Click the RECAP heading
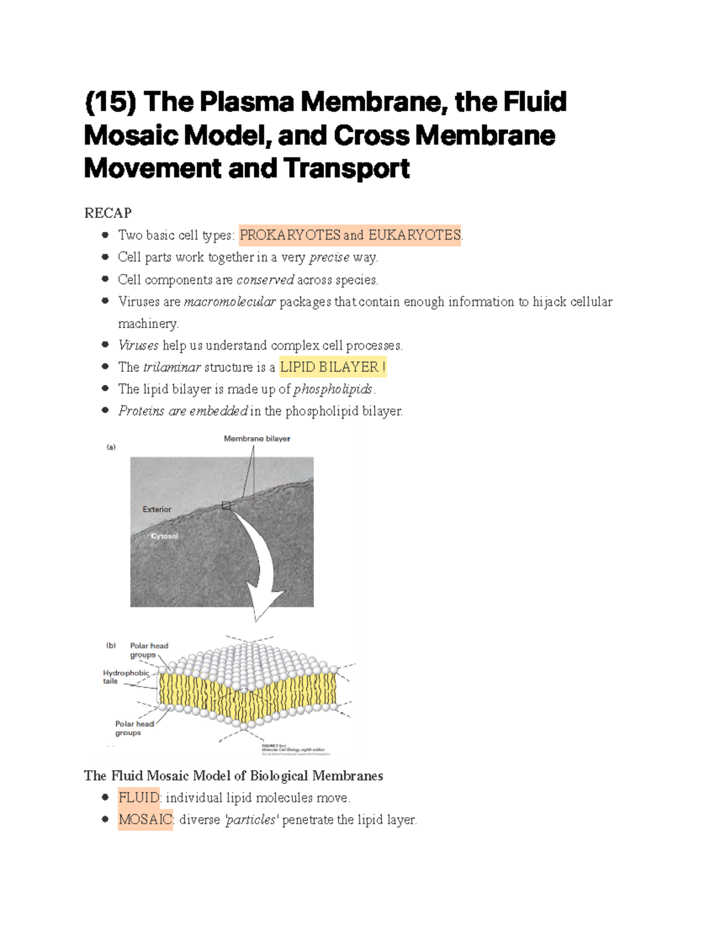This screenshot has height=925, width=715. [108, 213]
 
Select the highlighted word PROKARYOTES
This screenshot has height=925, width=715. [290, 235]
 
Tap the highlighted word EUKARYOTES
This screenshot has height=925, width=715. [414, 235]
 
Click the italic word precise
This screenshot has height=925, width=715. [329, 257]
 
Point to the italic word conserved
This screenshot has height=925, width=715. [265, 279]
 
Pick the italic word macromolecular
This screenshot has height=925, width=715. [229, 301]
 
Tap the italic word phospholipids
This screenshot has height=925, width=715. [333, 389]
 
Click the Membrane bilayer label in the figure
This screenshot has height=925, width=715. [257, 438]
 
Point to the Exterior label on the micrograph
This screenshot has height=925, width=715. [157, 509]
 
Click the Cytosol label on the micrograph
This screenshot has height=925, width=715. [164, 536]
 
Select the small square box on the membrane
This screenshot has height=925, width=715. [226, 506]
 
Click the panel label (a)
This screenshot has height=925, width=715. [111, 447]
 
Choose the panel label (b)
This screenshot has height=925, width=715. [111, 645]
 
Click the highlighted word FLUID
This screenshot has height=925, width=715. [139, 798]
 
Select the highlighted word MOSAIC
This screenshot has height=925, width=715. [145, 820]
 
